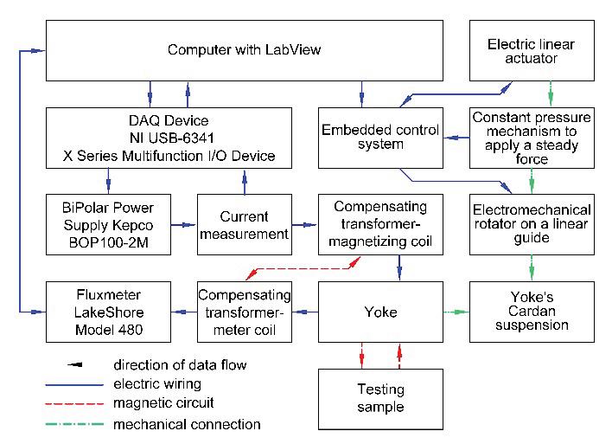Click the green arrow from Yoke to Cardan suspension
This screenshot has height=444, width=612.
point(456,312)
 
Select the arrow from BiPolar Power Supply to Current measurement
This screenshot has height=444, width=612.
point(184,225)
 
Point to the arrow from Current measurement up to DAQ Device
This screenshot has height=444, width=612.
point(245,182)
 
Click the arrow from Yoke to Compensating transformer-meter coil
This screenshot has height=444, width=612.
point(305,312)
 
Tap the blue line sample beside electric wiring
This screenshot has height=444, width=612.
point(74,385)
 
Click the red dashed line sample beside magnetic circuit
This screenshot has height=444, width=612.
point(74,403)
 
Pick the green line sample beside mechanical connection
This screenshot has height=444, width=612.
point(74,424)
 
